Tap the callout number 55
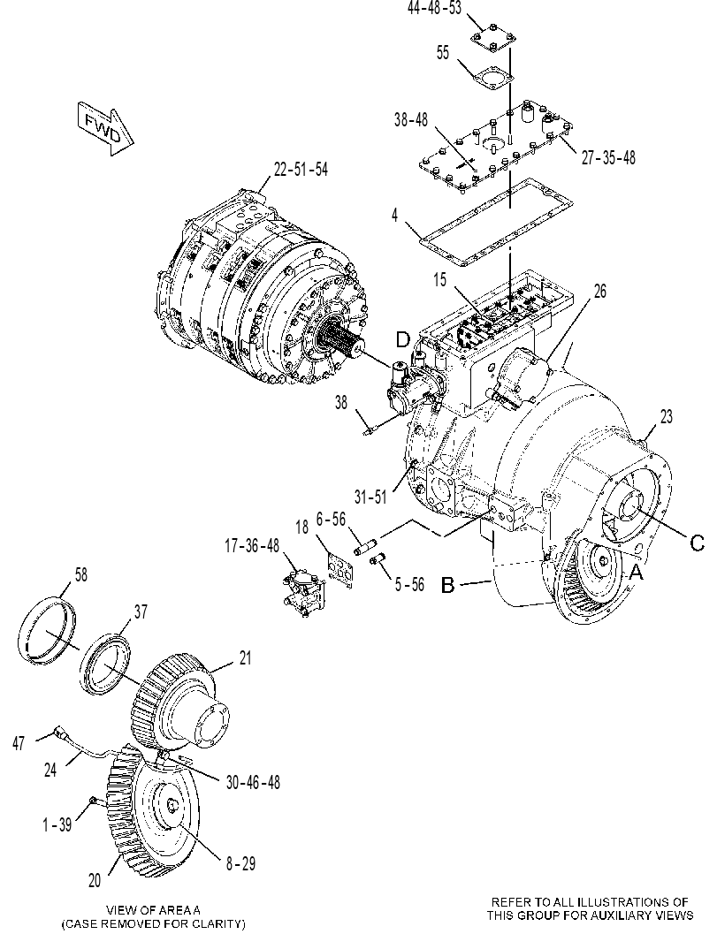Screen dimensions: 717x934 coord(443,52)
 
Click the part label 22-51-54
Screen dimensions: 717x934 coord(301,170)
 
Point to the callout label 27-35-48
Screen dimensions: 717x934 coord(608,157)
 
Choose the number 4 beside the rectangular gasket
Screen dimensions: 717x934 coord(394,215)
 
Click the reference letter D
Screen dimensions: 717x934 coord(403,340)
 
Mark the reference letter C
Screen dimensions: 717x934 coord(697,543)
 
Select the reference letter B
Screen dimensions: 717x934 coord(448,585)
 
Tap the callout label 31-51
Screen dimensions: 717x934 coord(370,497)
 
